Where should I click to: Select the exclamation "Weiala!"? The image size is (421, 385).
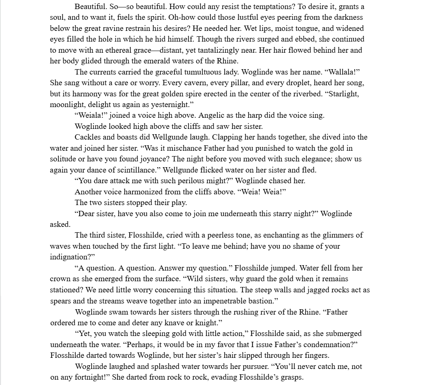[91, 115]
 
